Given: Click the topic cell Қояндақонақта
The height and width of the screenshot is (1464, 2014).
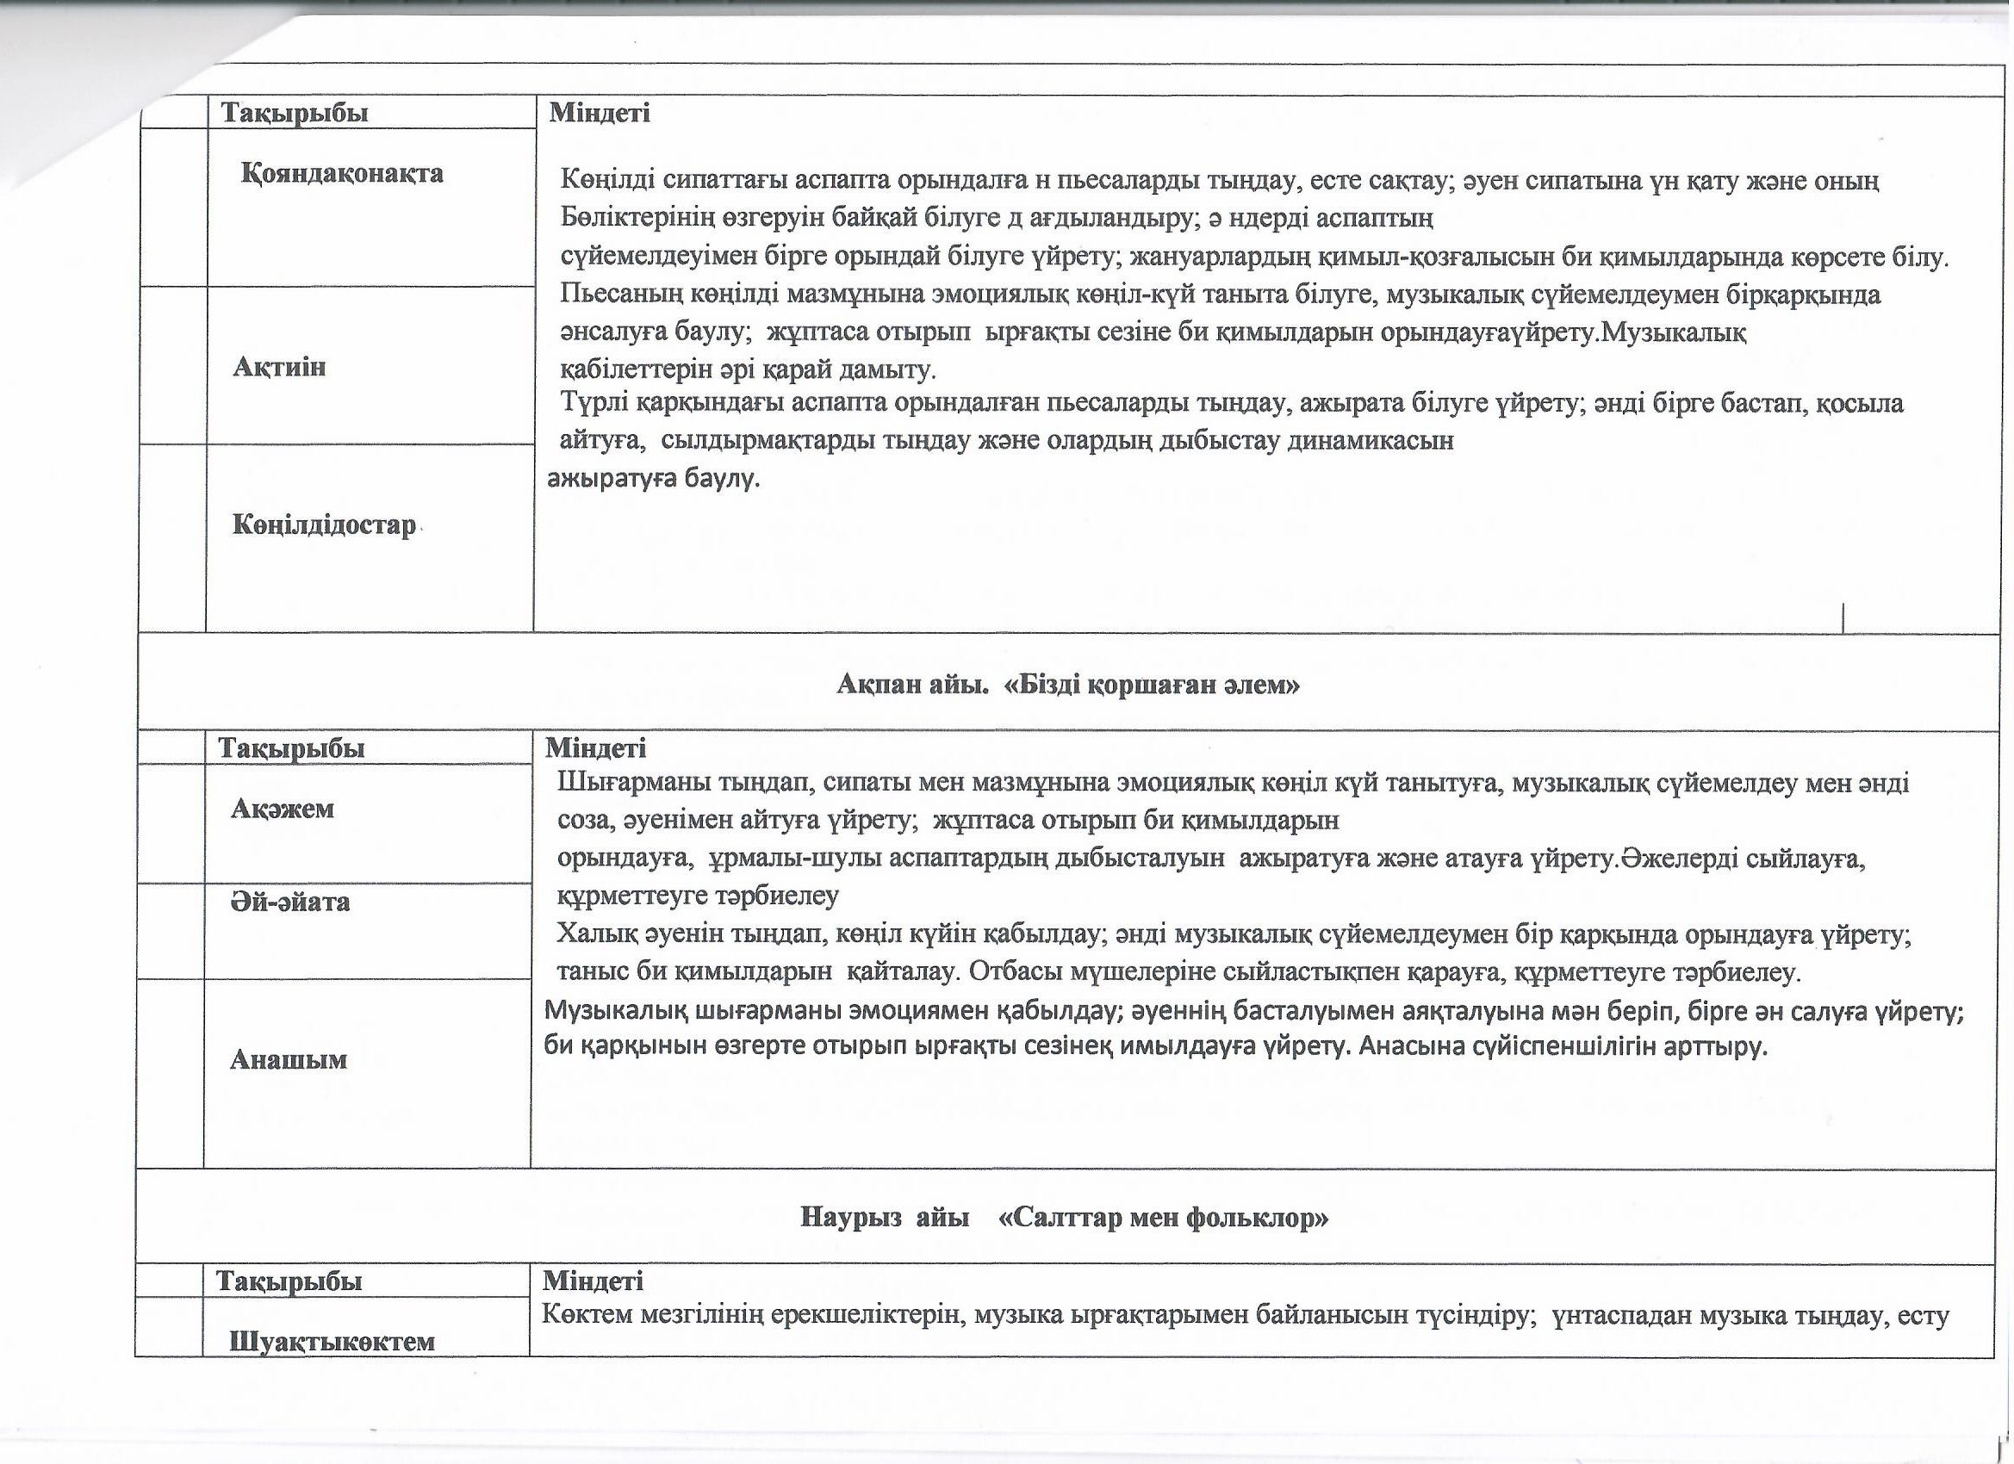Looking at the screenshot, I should [x=342, y=173].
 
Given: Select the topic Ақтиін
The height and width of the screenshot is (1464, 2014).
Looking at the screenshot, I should [x=279, y=367].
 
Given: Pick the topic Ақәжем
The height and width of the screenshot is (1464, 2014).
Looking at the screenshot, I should [x=283, y=808].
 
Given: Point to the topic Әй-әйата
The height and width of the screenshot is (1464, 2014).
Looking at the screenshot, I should [x=290, y=902].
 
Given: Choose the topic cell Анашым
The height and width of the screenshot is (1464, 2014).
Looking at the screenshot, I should [x=288, y=1059].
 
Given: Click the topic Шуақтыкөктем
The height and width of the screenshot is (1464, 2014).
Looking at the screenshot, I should [x=333, y=1341].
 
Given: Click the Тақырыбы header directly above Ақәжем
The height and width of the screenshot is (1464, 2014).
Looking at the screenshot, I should [x=292, y=748].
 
